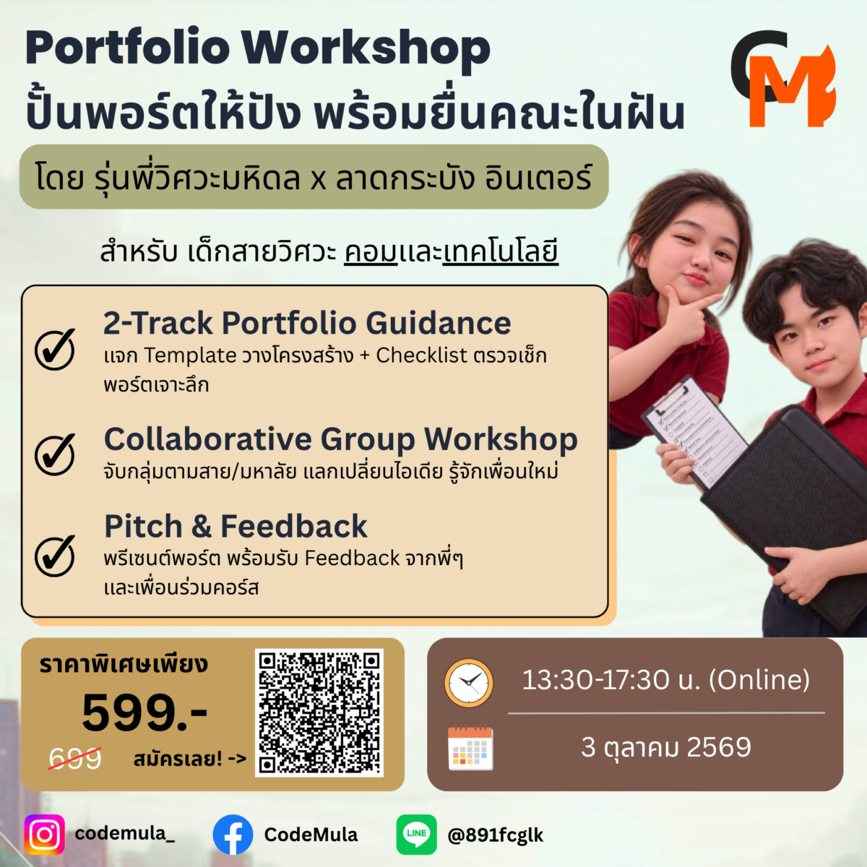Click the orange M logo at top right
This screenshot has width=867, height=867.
(x=792, y=87)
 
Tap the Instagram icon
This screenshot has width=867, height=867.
(x=45, y=834)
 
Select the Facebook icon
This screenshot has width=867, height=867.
(x=233, y=834)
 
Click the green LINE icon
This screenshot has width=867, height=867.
(x=416, y=834)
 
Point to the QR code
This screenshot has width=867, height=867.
(x=319, y=712)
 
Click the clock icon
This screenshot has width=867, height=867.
(x=469, y=683)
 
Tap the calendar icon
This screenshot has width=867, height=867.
(x=470, y=749)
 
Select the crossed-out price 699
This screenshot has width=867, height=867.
(x=75, y=758)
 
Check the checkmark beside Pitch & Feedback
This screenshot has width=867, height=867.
(x=56, y=556)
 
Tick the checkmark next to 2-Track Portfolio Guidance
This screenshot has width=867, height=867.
(x=56, y=350)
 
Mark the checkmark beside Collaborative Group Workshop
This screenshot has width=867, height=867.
(x=56, y=455)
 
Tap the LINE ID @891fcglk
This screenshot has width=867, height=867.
(x=495, y=835)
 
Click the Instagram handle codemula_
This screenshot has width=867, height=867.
(x=124, y=833)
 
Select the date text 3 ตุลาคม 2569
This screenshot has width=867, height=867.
(x=666, y=748)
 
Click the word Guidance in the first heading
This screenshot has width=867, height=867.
(x=439, y=323)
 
